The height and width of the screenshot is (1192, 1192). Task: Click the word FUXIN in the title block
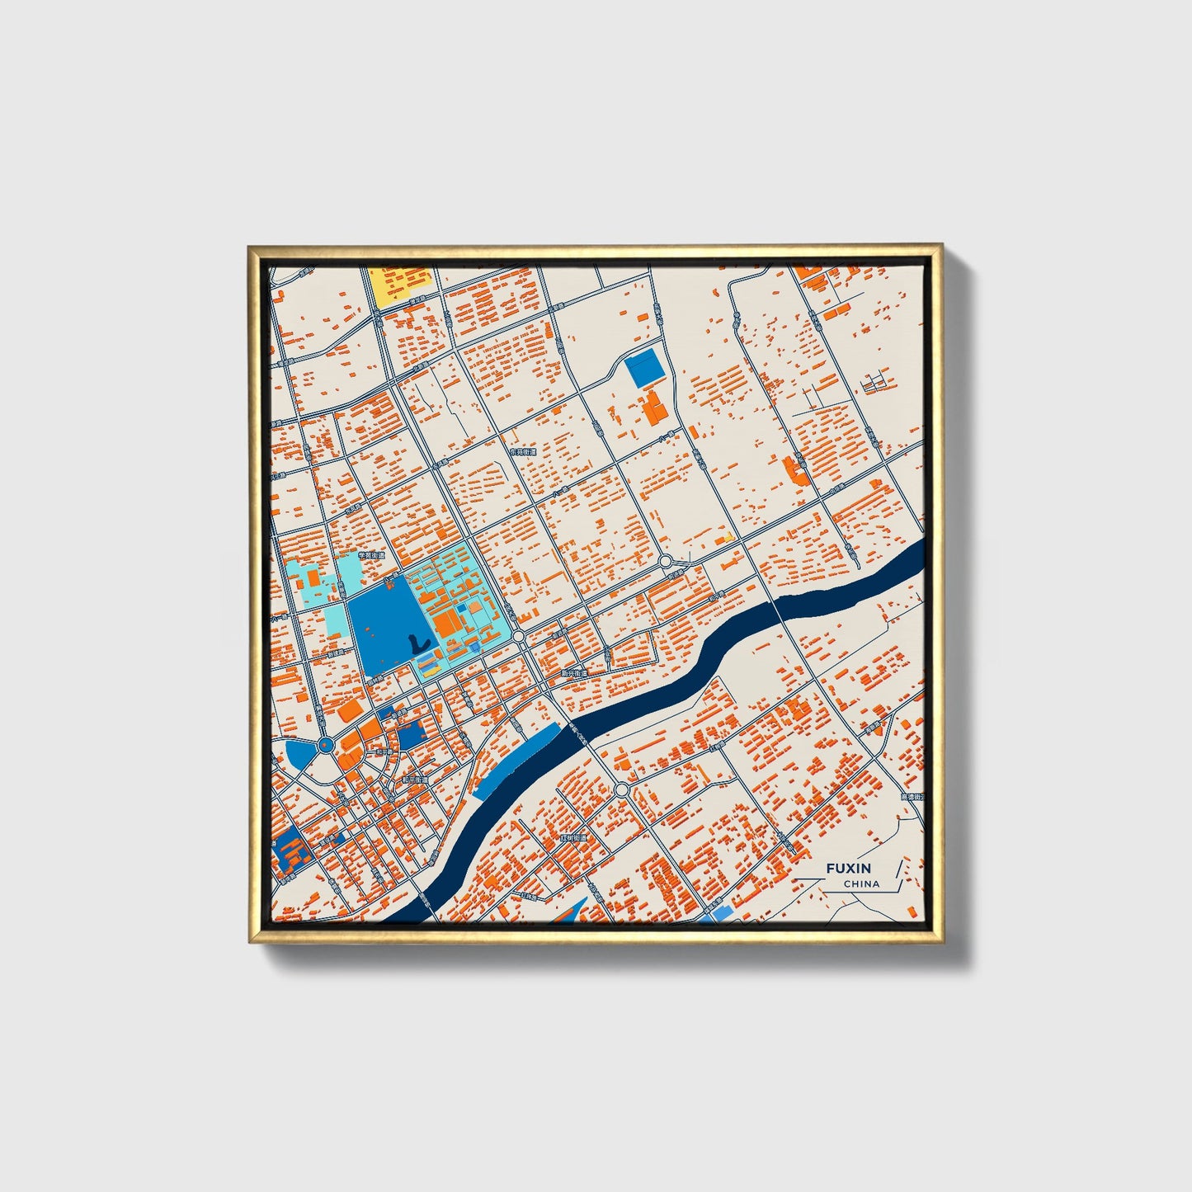click(x=848, y=869)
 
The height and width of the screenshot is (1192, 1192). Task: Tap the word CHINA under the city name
click(x=861, y=884)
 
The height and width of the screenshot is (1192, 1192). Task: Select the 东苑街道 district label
click(x=522, y=453)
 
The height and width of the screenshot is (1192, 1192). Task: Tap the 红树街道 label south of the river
click(x=572, y=838)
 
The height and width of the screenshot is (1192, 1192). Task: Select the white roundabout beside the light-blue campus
click(x=519, y=637)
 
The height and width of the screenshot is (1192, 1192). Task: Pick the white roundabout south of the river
click(x=621, y=791)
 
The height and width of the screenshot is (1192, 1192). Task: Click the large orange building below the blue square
click(x=655, y=410)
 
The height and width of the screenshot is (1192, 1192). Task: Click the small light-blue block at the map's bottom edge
click(x=718, y=914)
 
